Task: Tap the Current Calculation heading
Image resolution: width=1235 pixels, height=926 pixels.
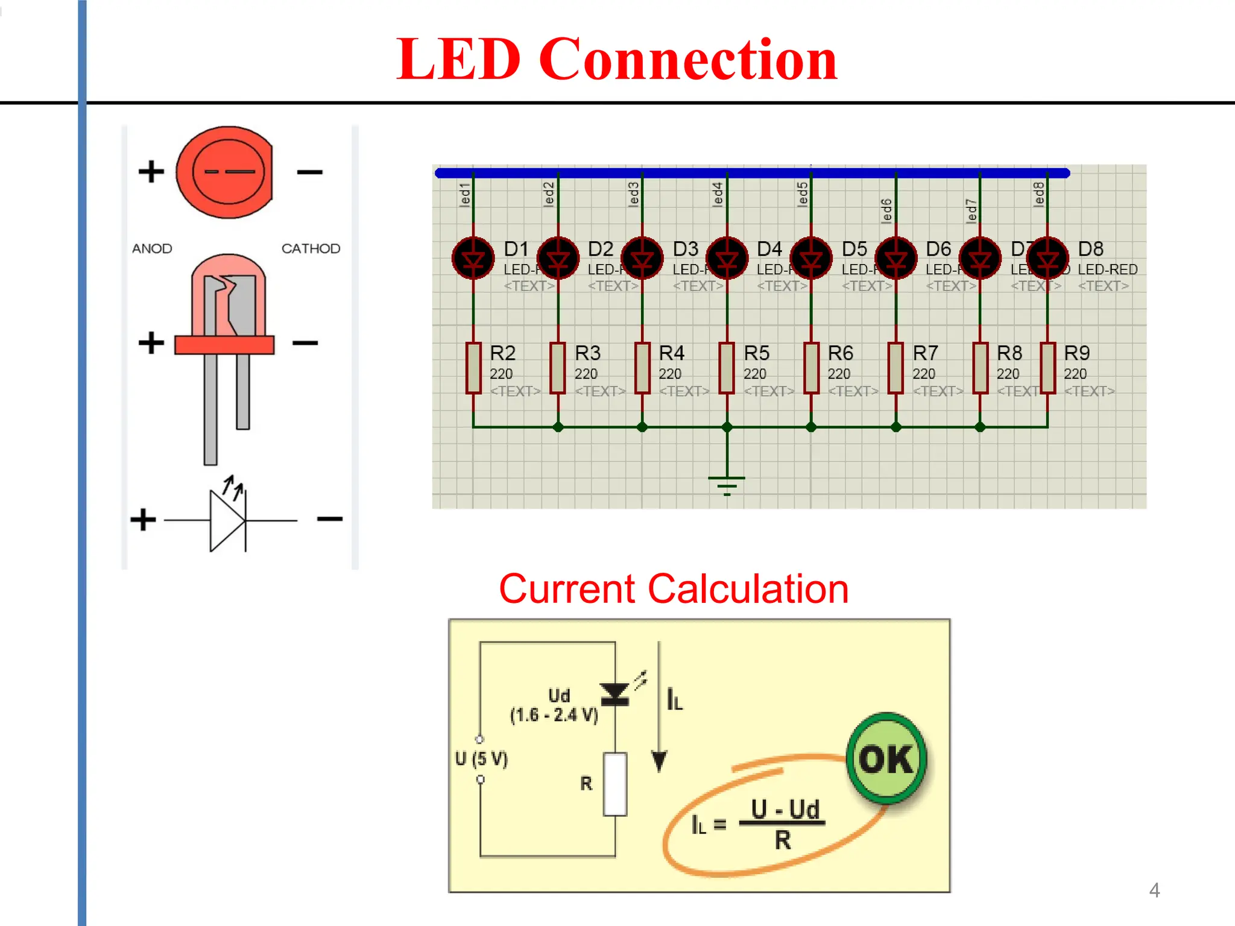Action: tap(674, 589)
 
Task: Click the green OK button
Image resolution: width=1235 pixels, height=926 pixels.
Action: tap(886, 758)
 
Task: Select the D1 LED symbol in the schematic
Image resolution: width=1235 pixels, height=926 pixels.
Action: tap(473, 259)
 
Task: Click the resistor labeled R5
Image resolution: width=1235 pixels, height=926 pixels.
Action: tap(727, 368)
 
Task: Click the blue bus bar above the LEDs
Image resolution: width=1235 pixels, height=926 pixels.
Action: tap(752, 173)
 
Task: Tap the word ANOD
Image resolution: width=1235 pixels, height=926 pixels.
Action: tap(152, 248)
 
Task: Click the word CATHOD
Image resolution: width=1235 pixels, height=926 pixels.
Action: tap(311, 248)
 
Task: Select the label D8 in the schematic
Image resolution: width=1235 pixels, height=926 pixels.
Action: tap(1090, 248)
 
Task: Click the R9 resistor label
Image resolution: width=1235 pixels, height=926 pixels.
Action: tap(1076, 353)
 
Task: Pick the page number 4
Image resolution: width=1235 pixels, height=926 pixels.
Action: tap(1154, 890)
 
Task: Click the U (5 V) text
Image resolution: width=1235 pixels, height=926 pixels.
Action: tap(481, 758)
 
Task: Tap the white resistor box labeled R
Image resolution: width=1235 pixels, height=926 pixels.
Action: tap(615, 784)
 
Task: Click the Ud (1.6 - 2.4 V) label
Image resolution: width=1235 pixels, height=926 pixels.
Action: tap(554, 705)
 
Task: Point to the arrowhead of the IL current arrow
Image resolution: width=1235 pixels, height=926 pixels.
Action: tap(659, 761)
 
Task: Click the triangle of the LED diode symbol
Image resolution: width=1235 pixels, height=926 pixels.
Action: tap(226, 520)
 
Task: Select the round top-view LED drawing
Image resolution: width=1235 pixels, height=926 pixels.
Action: tap(225, 172)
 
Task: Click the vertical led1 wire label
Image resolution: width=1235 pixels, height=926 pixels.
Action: tap(464, 195)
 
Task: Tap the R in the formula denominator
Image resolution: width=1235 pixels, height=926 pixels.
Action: tap(782, 840)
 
